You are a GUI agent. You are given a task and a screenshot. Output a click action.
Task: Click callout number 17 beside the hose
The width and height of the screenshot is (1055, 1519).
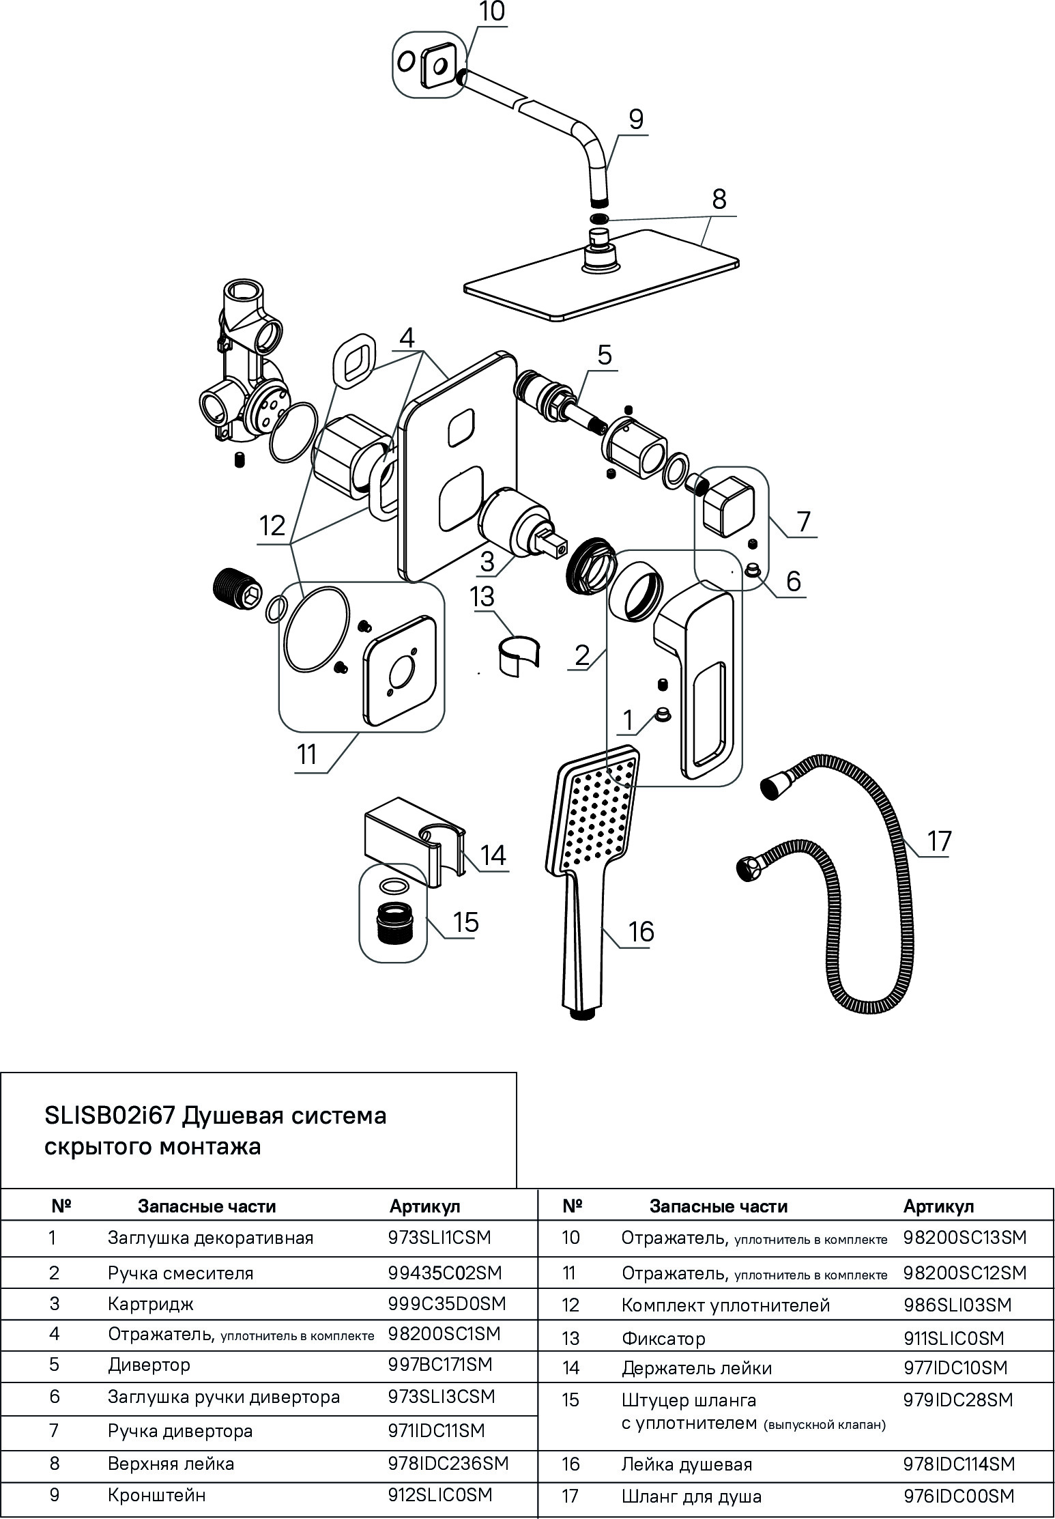(938, 841)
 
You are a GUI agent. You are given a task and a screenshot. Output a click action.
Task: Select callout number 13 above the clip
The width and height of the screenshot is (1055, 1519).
(482, 597)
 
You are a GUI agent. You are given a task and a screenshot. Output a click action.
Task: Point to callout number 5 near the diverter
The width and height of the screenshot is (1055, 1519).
(605, 356)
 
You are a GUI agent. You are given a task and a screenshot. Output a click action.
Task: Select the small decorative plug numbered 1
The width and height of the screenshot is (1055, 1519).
(661, 715)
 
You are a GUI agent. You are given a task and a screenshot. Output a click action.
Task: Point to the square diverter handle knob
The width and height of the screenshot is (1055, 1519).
(728, 506)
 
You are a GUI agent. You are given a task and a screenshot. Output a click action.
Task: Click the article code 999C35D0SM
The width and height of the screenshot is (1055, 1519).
(447, 1303)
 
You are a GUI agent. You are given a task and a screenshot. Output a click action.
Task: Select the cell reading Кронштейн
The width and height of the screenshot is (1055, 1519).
(156, 1495)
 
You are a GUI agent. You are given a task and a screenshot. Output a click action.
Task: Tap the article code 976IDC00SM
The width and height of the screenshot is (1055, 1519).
(959, 1496)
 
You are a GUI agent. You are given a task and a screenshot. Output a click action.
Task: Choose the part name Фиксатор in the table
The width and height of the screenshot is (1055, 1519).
(663, 1338)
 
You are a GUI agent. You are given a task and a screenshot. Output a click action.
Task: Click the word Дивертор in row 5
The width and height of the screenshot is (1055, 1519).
(149, 1365)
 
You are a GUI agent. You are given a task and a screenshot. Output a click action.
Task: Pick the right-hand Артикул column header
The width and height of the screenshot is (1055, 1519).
(938, 1206)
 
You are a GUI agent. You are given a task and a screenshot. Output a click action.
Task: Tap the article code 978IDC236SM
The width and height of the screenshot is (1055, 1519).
(448, 1463)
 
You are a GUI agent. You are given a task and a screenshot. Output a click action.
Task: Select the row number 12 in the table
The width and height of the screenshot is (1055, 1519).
(570, 1305)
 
